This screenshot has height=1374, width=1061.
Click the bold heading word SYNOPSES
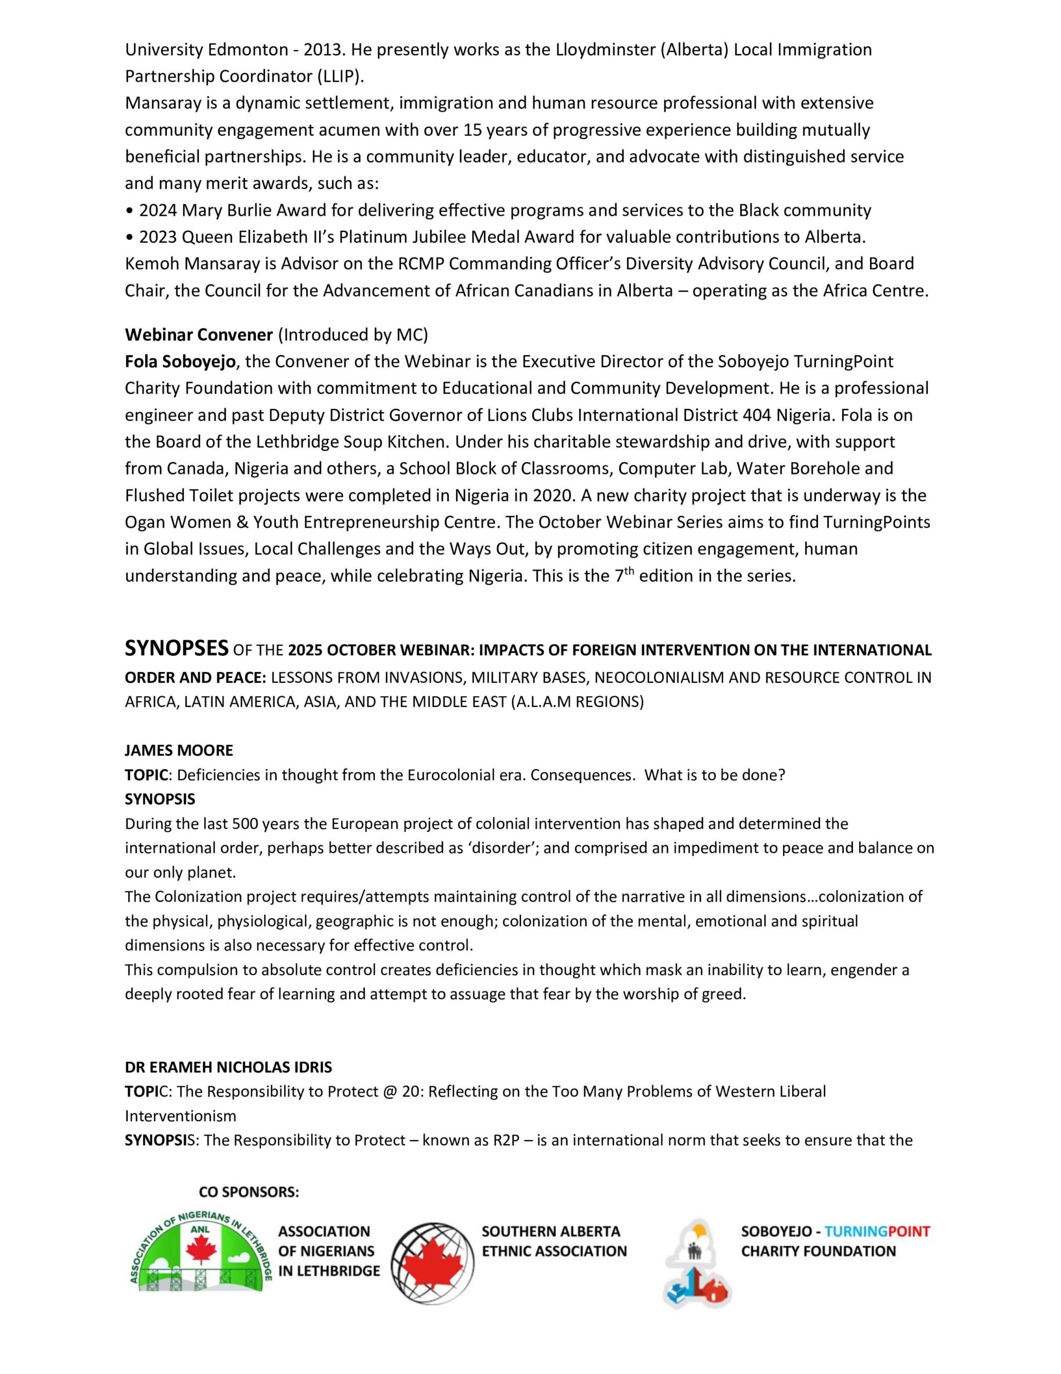click(176, 648)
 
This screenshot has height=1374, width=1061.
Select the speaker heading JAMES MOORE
click(179, 750)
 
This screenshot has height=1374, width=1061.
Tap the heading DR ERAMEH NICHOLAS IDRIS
click(229, 1067)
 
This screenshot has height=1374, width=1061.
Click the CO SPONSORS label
click(248, 1193)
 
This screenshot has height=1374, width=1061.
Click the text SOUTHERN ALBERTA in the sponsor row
click(551, 1231)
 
